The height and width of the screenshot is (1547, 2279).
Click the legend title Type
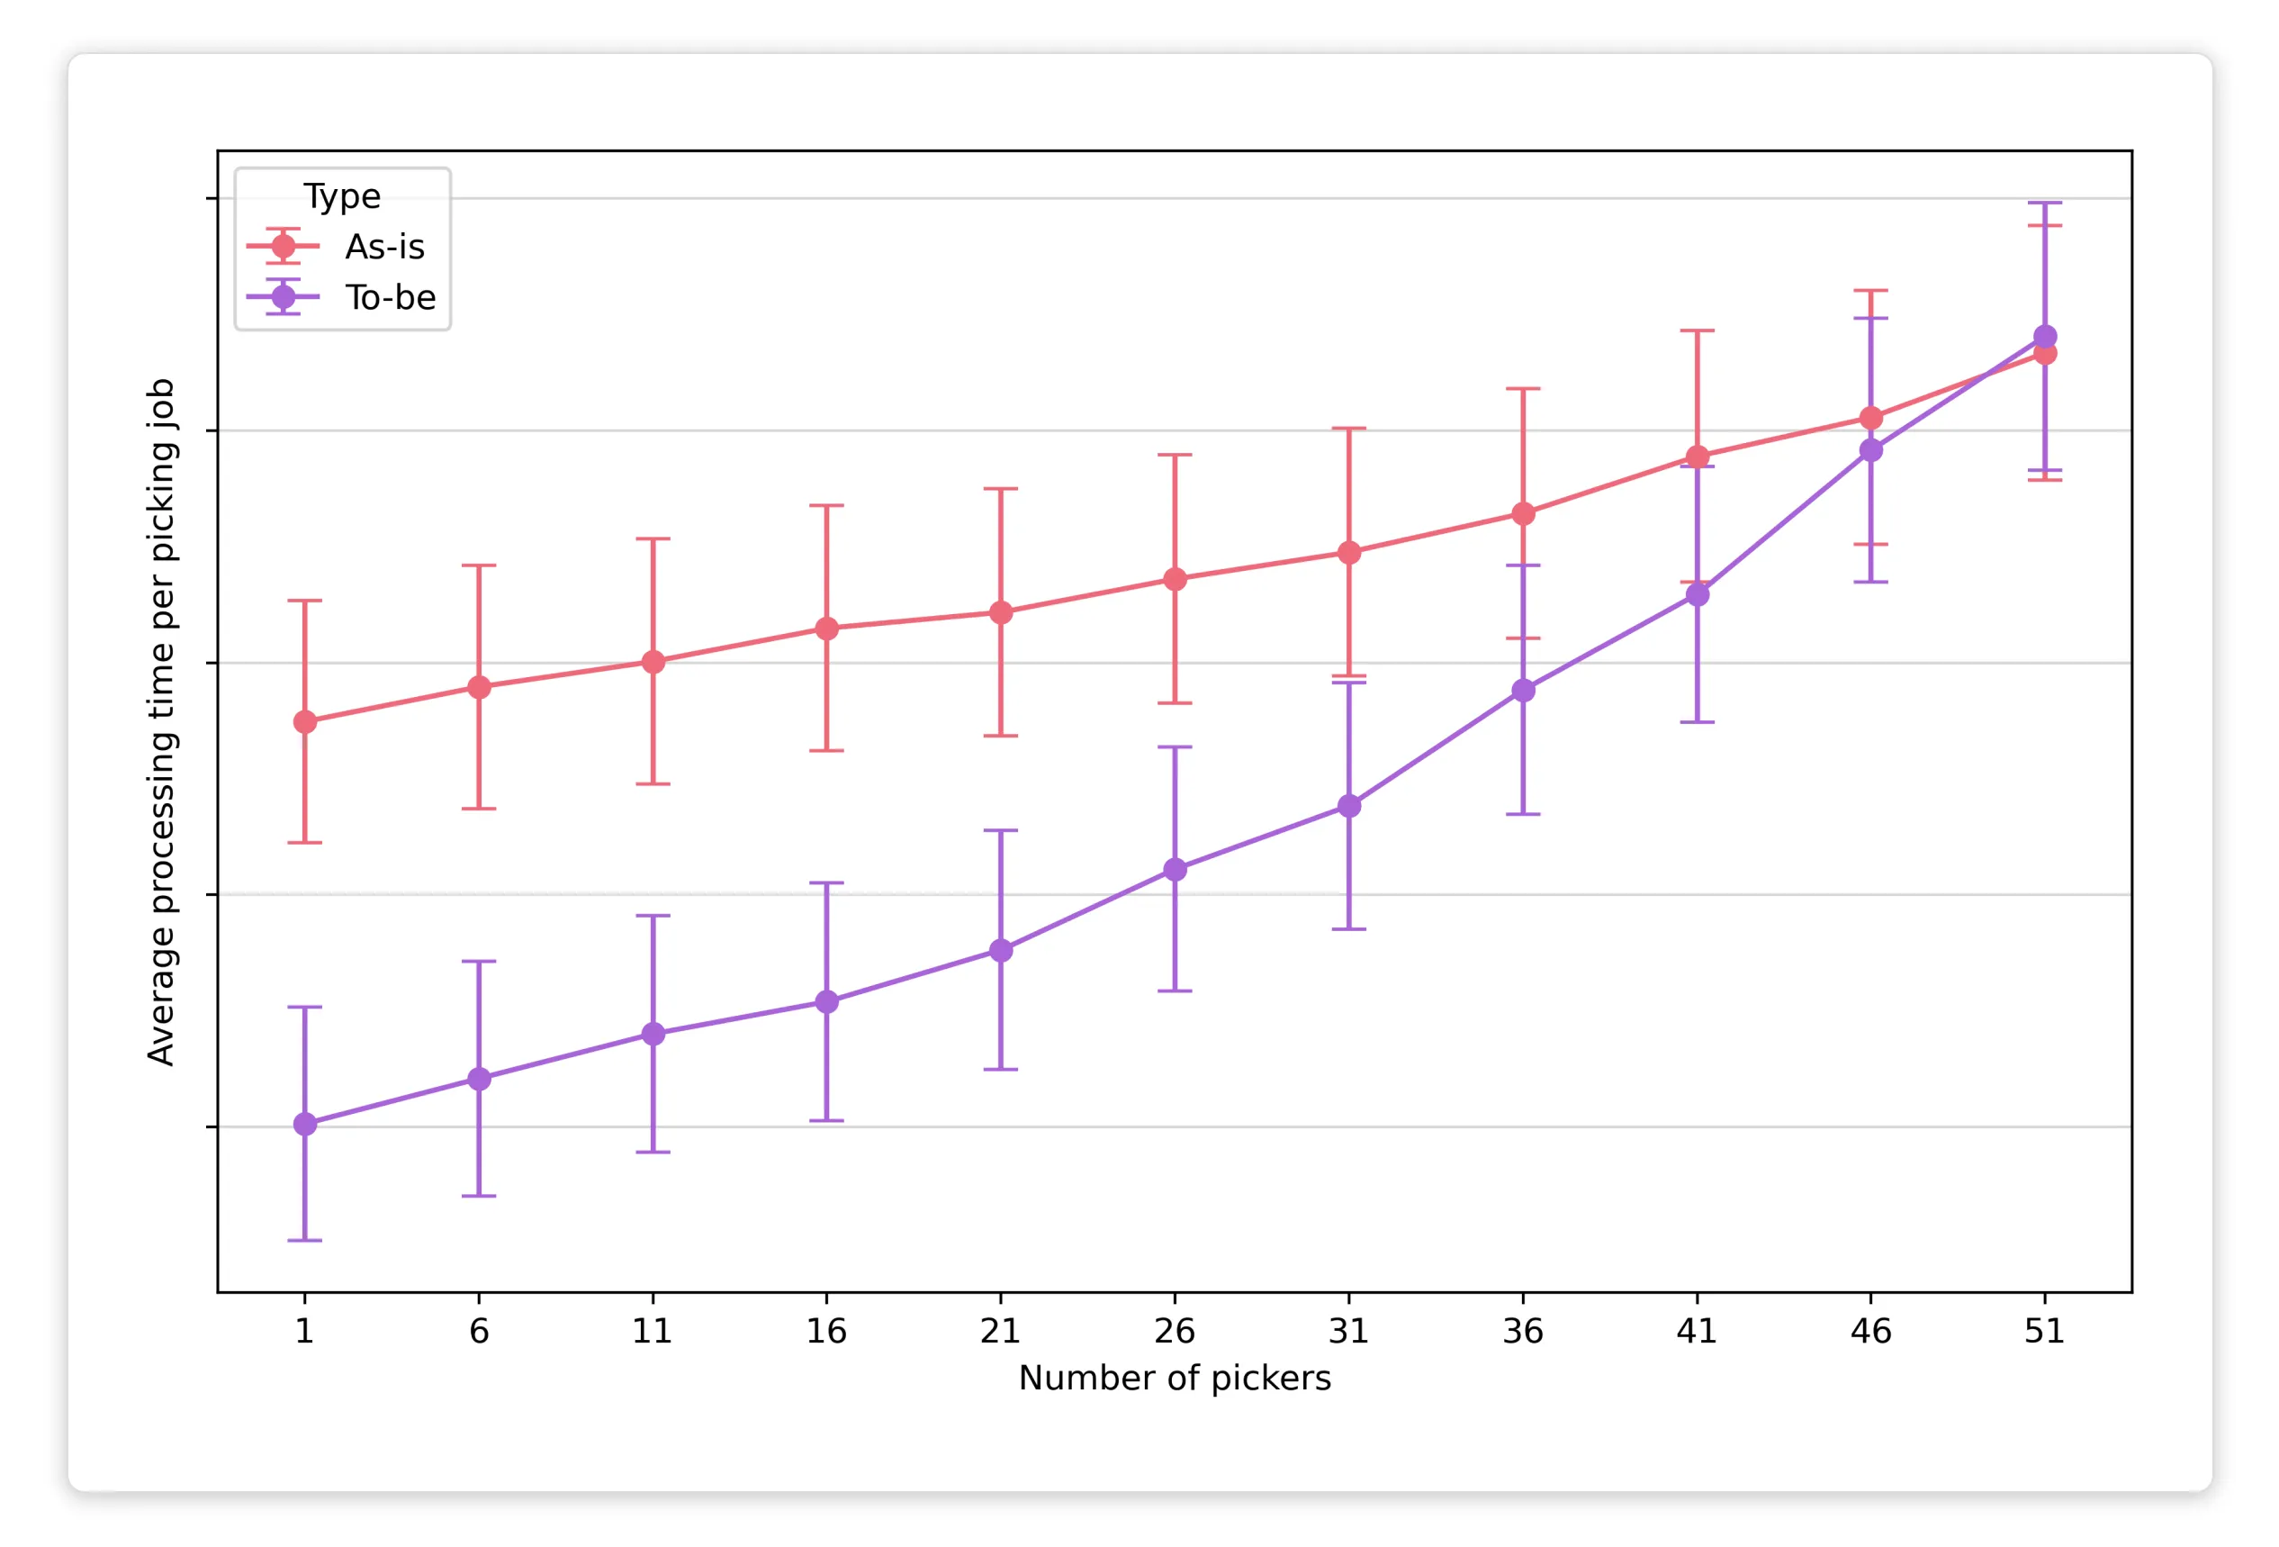point(341,196)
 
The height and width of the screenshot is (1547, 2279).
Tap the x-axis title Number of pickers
point(1174,1379)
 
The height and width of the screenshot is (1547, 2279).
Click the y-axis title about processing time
point(161,722)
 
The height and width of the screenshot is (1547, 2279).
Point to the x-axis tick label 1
point(305,1331)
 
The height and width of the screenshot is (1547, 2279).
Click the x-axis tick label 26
point(1174,1331)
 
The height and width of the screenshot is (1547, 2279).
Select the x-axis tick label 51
point(2045,1331)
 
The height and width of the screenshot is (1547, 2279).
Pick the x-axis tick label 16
point(825,1331)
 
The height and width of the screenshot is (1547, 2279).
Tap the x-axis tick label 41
point(1697,1331)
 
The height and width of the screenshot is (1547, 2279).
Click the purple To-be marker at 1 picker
point(305,1124)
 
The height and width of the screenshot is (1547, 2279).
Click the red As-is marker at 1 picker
point(305,722)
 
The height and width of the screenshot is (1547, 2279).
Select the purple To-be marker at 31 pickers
point(1349,806)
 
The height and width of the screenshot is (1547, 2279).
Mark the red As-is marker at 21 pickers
point(1000,613)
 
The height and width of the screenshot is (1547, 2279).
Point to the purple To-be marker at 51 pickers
point(2045,337)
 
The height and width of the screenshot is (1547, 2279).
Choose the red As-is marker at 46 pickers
point(1871,419)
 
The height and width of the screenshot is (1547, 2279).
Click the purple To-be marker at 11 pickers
point(653,1034)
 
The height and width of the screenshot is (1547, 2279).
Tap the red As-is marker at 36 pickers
point(1523,514)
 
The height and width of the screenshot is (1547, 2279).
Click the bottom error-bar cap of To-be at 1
point(305,1241)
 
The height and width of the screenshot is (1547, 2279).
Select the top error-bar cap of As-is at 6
point(479,566)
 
